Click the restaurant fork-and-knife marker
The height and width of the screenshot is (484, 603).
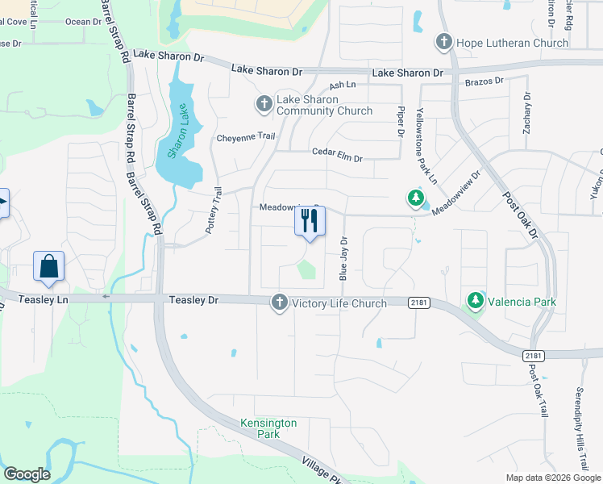310,221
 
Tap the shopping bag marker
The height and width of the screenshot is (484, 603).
48,265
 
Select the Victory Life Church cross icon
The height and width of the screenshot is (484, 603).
279,302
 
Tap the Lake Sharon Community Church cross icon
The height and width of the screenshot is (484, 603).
264,104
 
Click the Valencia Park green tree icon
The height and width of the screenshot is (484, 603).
476,302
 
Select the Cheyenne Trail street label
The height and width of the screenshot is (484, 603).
246,138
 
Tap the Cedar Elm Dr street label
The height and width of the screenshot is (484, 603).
337,153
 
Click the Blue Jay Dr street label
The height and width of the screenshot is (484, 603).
343,258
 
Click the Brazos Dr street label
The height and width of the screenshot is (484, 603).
484,81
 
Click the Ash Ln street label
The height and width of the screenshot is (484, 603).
343,85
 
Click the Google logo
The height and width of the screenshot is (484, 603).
26,474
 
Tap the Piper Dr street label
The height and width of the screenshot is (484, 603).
400,120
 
